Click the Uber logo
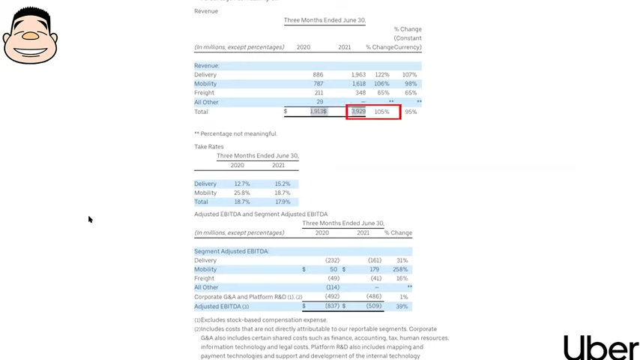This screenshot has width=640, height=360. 601,348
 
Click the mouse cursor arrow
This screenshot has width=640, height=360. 90,219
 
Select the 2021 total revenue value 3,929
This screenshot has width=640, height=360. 358,112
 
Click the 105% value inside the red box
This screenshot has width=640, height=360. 381,112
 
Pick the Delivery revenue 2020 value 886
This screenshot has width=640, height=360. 318,75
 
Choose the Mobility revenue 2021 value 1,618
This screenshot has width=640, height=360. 358,84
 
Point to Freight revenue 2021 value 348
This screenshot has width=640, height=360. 360,93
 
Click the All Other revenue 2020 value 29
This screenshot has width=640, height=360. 320,102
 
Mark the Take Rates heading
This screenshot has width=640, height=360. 209,147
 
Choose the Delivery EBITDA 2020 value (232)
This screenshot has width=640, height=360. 330,260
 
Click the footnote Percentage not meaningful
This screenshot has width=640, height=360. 235,133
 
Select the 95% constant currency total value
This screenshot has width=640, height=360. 411,112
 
